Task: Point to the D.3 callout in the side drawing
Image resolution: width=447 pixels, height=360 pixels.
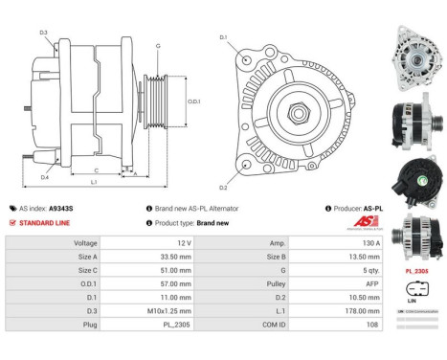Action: [44, 34]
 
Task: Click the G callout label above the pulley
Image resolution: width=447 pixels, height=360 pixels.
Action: [157, 45]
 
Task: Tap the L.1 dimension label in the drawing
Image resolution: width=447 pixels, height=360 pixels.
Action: [92, 181]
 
